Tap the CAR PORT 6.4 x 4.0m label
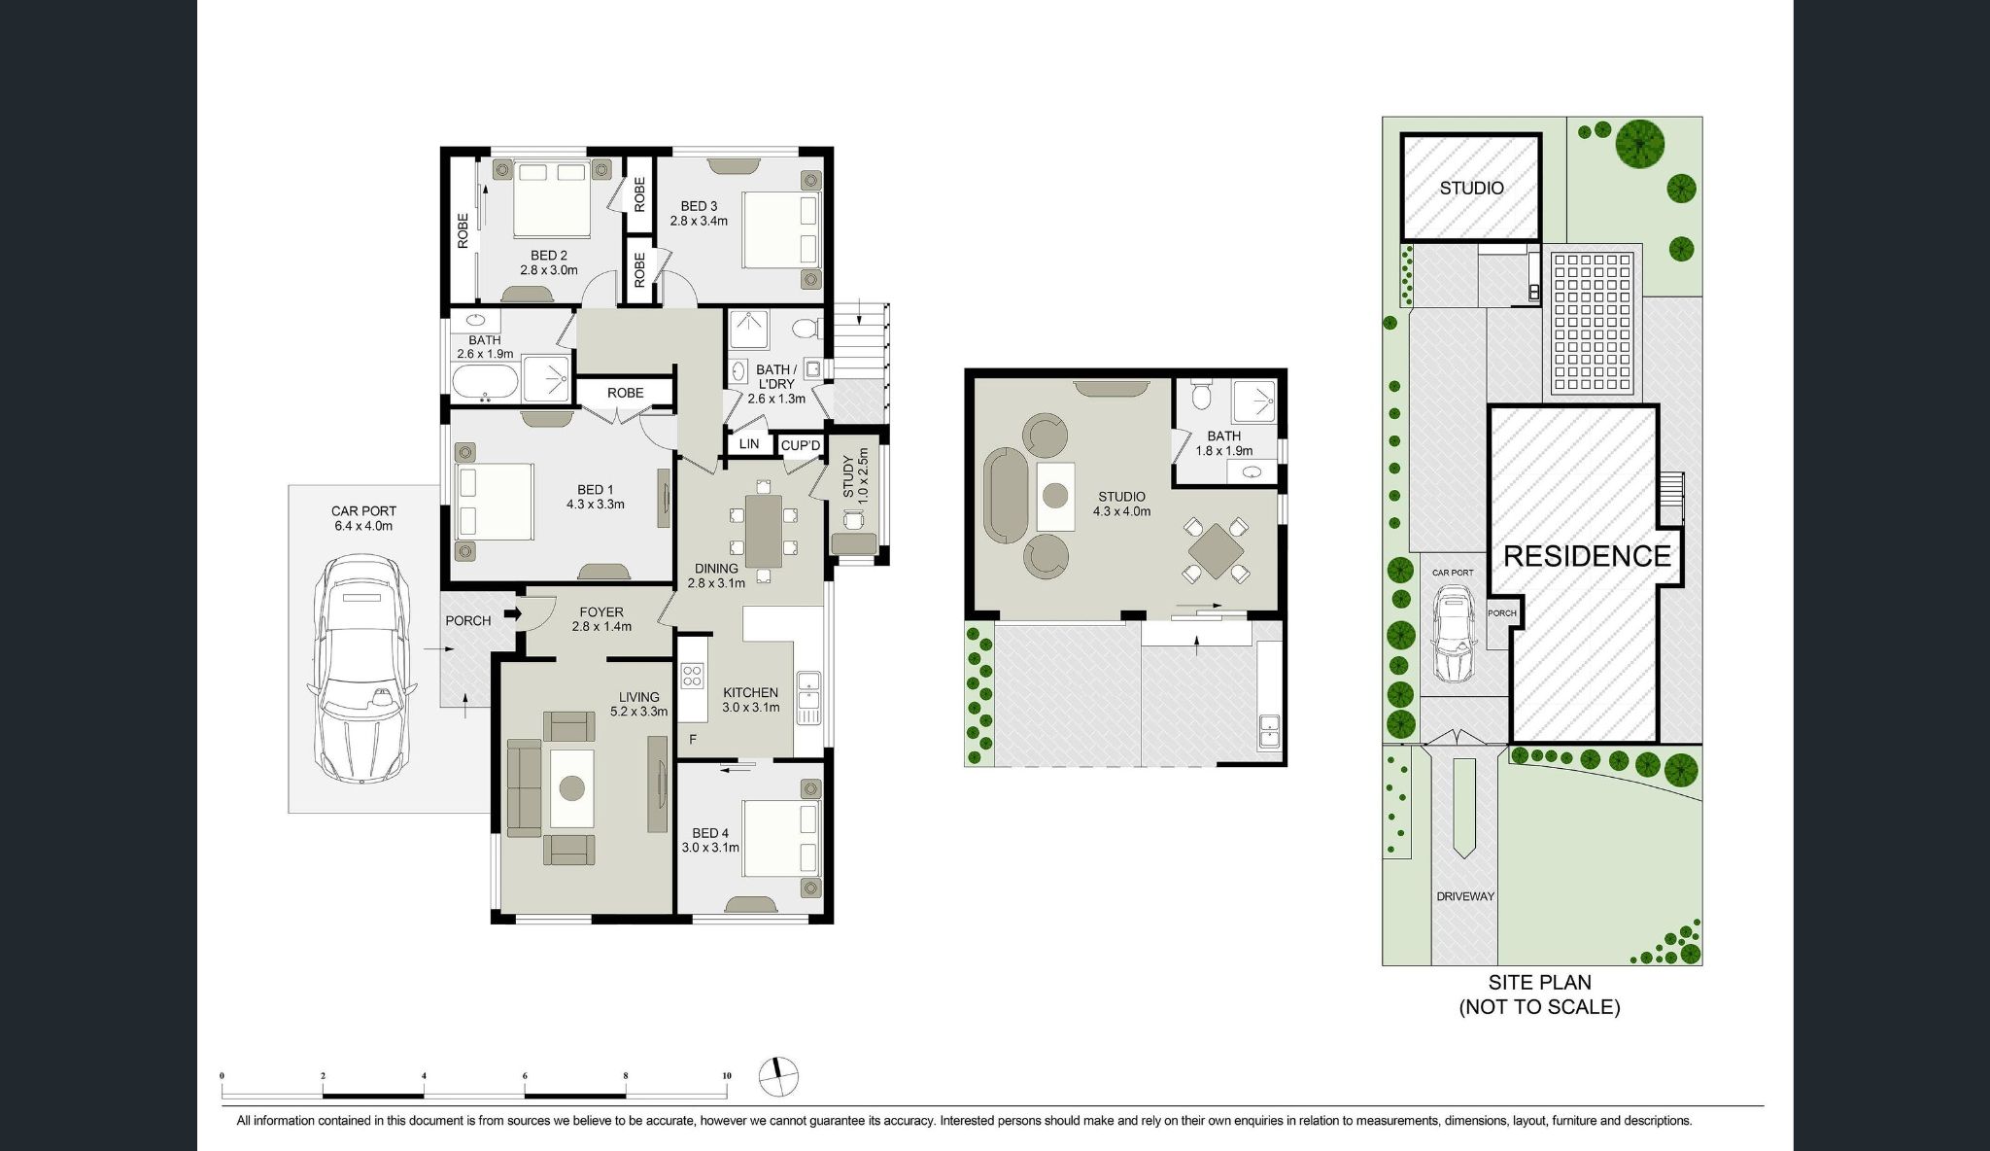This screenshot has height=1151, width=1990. (363, 518)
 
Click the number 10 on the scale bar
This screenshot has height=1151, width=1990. (727, 1076)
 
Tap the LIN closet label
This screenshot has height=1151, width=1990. (749, 444)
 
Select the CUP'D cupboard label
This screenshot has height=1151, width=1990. (802, 446)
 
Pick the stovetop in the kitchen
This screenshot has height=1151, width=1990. (692, 674)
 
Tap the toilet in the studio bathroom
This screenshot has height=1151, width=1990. (1202, 394)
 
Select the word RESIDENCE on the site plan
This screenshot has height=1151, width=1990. (1587, 556)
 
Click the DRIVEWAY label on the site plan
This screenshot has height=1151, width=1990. (1465, 896)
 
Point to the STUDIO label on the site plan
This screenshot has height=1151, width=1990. (1471, 188)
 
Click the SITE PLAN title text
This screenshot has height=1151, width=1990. (1539, 983)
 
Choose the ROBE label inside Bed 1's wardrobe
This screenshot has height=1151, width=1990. (625, 393)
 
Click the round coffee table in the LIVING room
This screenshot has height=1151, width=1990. (571, 788)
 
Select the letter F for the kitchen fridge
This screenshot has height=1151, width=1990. (693, 740)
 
